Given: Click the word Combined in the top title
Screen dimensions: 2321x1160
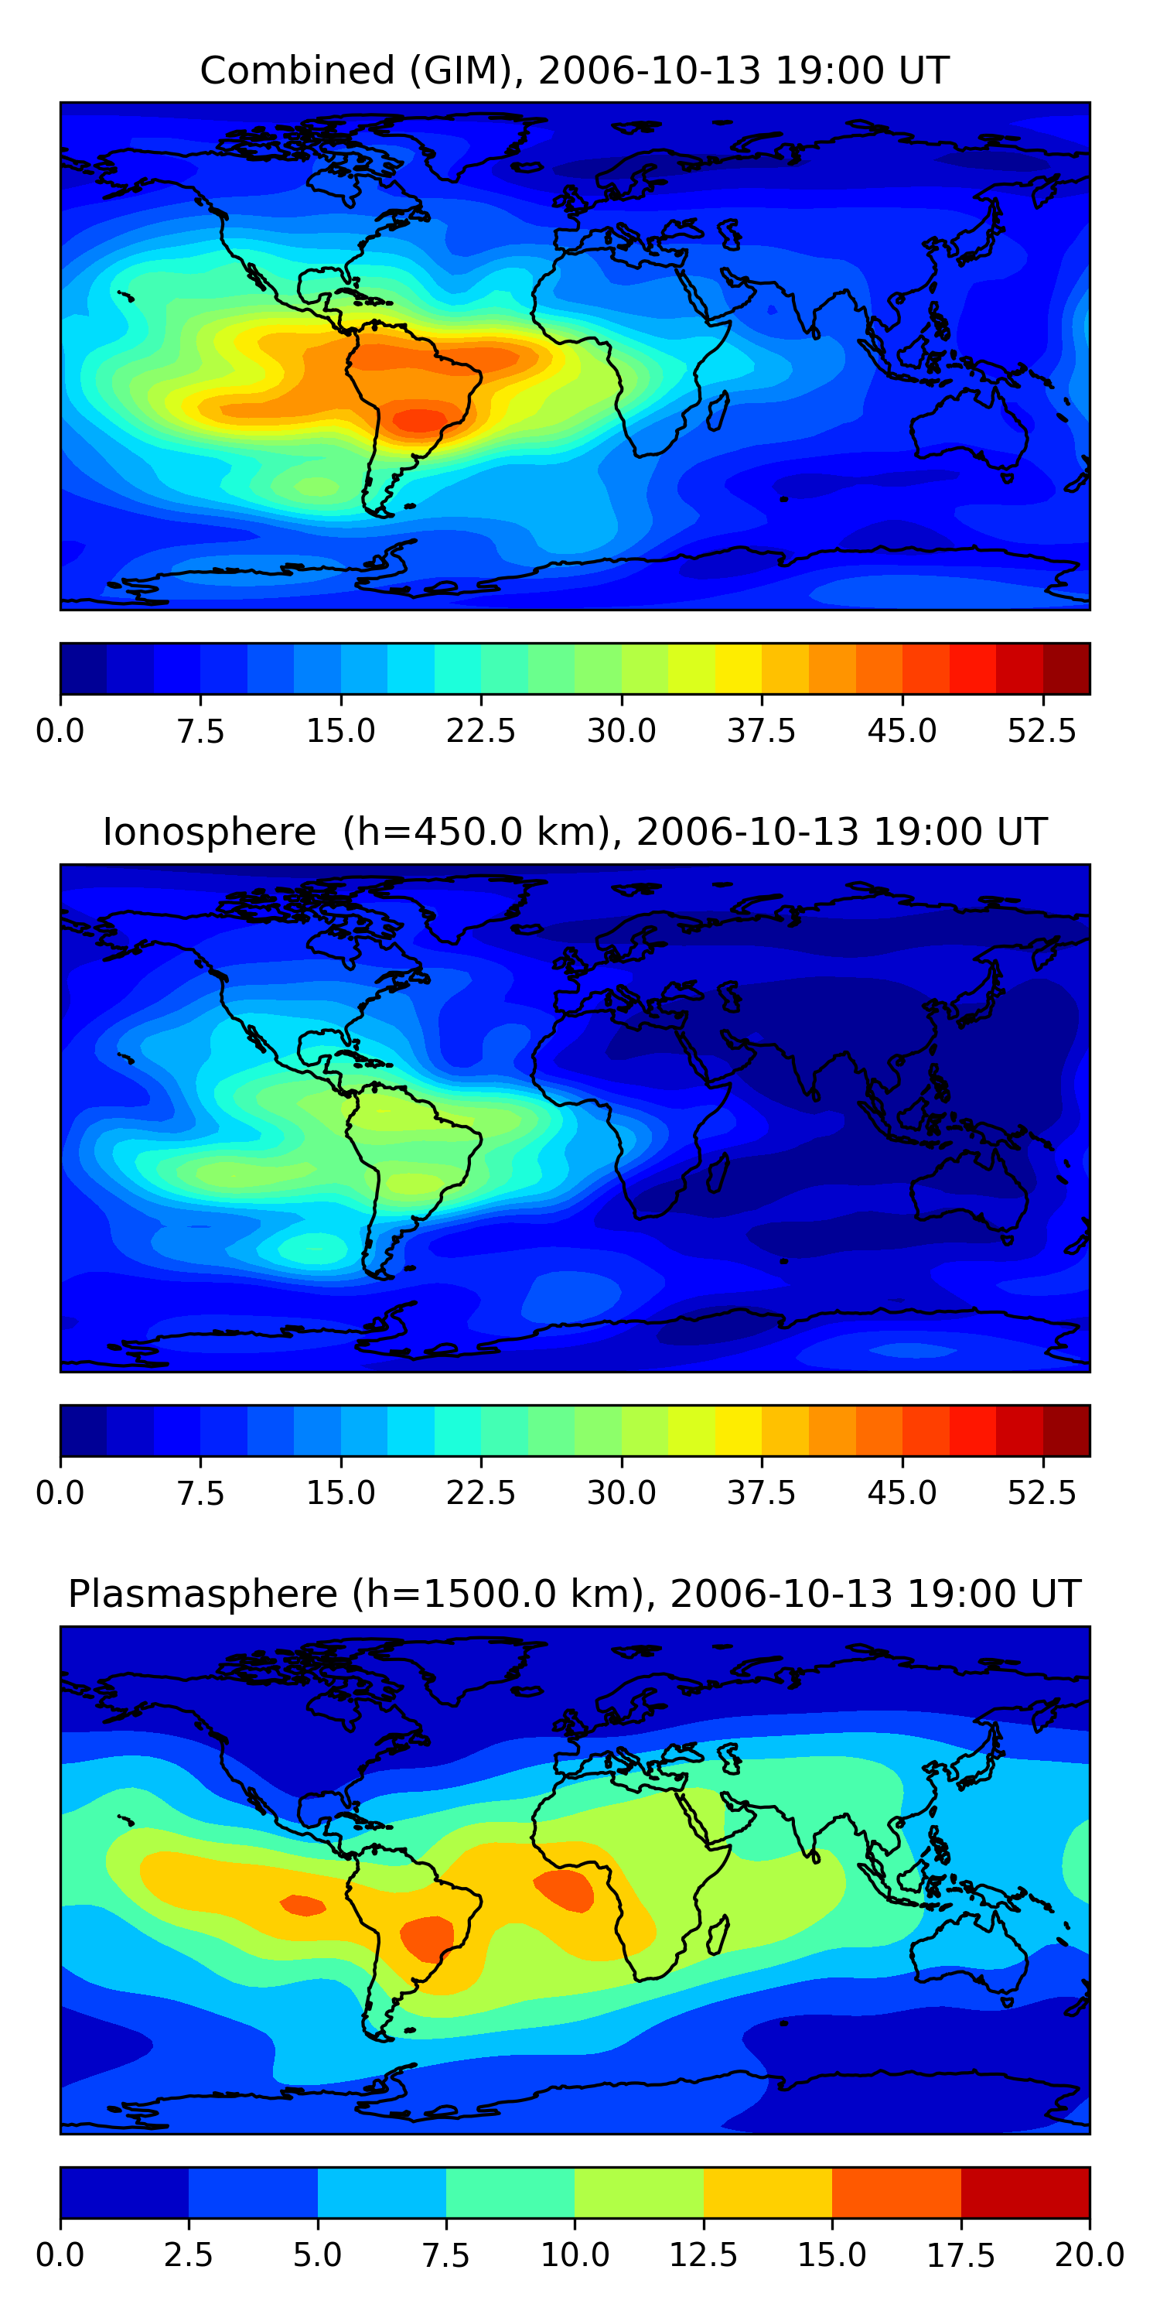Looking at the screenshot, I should [297, 70].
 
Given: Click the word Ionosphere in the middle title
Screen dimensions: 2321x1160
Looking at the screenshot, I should [209, 832].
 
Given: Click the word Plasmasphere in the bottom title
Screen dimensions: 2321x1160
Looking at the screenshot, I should [203, 1594].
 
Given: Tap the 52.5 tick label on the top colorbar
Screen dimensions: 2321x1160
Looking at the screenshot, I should [1042, 730].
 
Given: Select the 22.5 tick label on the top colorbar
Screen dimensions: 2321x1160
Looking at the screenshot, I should [481, 730].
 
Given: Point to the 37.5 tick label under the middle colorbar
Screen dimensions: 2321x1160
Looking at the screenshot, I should [762, 1493].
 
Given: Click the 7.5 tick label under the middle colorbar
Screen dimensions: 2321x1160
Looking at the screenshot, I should [200, 1493].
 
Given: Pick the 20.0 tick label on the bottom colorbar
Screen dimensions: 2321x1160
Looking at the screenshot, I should [1089, 2255].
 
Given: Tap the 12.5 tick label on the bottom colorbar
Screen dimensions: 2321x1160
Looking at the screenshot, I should [704, 2255].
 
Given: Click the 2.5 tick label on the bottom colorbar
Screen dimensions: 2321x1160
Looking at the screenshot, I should [188, 2255].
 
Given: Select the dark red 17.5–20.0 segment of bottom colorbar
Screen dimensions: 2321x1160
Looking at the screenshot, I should [1025, 2192].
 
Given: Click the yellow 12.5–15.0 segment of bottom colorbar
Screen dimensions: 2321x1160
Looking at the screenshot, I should [767, 2192].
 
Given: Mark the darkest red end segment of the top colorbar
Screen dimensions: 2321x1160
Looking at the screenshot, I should [1066, 668].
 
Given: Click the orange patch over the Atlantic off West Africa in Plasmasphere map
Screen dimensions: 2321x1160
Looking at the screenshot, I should [565, 1889].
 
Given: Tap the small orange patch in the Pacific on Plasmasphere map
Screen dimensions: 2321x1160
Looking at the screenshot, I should [302, 1905].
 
